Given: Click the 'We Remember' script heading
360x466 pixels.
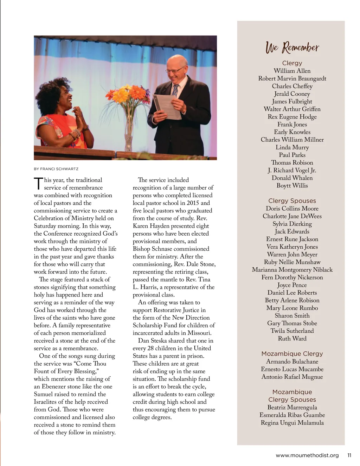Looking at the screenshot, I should [292, 47].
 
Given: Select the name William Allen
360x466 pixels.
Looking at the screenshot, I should [292, 71].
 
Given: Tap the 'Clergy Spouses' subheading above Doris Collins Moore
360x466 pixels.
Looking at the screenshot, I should [292, 201].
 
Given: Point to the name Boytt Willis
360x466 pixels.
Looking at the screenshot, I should [292, 186].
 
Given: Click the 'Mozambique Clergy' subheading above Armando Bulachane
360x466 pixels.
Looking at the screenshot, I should [292, 354].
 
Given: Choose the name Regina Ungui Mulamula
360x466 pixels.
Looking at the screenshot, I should [292, 423].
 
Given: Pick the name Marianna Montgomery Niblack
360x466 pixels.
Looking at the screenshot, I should [292, 270].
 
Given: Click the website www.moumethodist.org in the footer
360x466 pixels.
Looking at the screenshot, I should [307, 455].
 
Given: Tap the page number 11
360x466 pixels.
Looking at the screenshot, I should [349, 455].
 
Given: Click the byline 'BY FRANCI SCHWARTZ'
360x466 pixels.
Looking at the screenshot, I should [56, 169].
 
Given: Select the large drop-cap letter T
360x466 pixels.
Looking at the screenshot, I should [38, 184].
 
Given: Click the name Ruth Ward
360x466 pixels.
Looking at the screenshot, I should [292, 339].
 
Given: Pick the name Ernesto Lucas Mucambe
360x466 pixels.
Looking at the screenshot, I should [292, 369].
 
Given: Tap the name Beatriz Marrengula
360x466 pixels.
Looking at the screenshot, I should [292, 408].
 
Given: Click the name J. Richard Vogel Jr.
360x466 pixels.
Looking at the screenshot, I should [292, 171].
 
